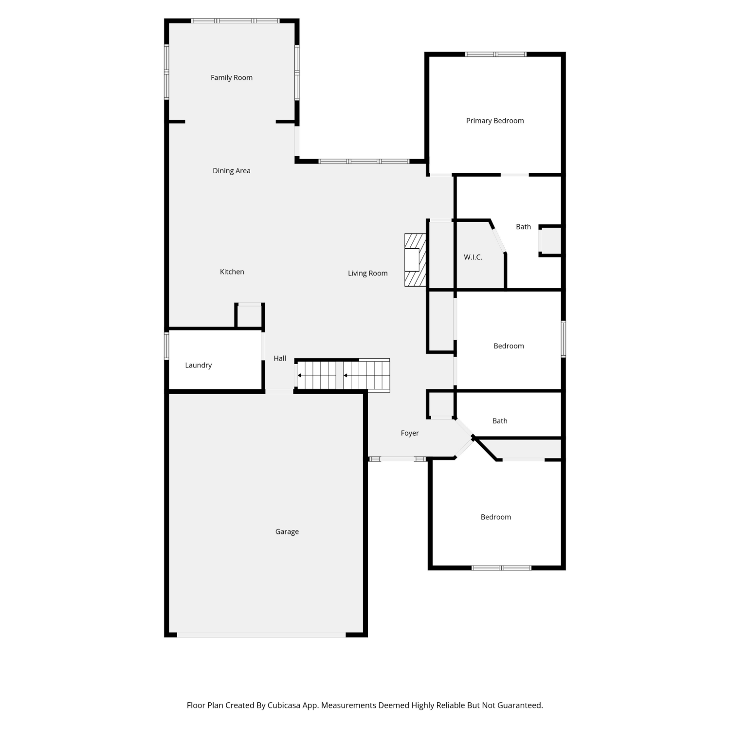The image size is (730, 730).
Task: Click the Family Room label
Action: [x=232, y=77]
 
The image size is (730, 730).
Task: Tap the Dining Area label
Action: [x=232, y=171]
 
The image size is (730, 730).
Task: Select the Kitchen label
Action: [x=232, y=272]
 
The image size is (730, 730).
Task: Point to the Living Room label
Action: [x=368, y=274]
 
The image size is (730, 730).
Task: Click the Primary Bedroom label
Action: [x=495, y=121]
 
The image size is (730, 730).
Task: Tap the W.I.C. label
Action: [x=473, y=257]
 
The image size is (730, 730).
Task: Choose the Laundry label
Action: [x=199, y=365]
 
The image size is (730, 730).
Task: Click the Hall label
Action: [x=280, y=358]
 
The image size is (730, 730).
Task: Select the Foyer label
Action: [x=410, y=433]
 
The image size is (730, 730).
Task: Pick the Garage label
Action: [x=287, y=532]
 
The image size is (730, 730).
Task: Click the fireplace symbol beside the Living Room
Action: [x=415, y=260]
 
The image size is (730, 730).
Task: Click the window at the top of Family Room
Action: [x=235, y=21]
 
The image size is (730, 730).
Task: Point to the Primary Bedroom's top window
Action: [x=495, y=55]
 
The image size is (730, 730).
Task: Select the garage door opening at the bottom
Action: [x=261, y=635]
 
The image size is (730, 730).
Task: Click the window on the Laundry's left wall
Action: [x=166, y=346]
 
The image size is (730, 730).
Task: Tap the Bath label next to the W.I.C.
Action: [x=524, y=227]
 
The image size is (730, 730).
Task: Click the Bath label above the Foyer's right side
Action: [x=500, y=421]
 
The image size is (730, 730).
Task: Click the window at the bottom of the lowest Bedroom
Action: [x=501, y=568]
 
